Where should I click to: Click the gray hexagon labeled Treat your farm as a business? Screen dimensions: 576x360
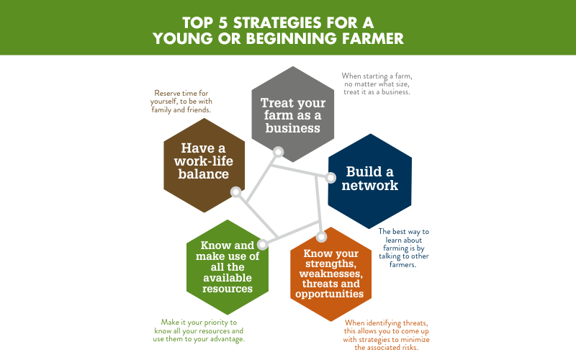[x=293, y=114]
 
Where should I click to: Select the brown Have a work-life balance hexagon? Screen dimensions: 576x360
[x=204, y=166]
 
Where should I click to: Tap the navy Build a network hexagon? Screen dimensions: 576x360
[x=370, y=181]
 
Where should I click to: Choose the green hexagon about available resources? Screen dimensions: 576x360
[x=228, y=267]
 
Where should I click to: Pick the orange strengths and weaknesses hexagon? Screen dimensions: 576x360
[x=331, y=274]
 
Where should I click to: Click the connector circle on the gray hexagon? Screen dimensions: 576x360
[x=278, y=152]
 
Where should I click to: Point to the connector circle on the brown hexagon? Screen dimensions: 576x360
[x=236, y=192]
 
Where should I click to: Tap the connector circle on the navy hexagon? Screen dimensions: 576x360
[x=330, y=178]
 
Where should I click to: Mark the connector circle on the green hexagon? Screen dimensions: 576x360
[x=262, y=244]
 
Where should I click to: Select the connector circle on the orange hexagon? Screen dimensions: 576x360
[x=321, y=237]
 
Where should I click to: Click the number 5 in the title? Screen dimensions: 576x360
[x=223, y=23]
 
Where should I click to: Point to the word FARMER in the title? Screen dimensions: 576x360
[x=372, y=39]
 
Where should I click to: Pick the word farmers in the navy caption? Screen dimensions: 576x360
[x=402, y=264]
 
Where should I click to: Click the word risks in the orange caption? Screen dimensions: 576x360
[x=409, y=347]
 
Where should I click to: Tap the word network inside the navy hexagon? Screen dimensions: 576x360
[x=370, y=186]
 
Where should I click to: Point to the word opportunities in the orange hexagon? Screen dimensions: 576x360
[x=330, y=294]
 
